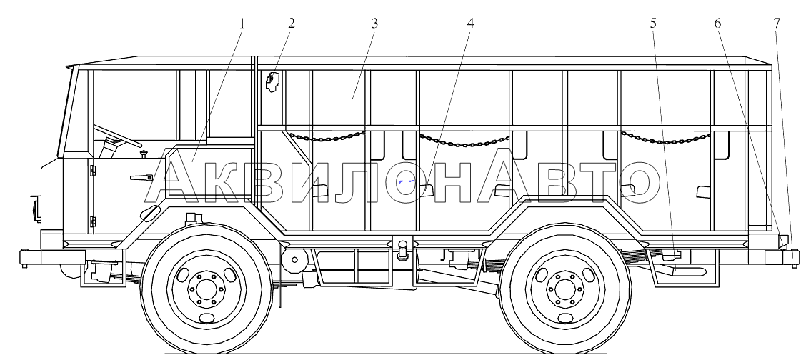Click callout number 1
click(242, 24)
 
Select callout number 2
click(292, 24)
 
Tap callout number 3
click(374, 24)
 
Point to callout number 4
click(469, 24)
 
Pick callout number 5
click(653, 24)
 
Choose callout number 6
click(717, 24)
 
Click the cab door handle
click(141, 178)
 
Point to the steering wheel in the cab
click(117, 136)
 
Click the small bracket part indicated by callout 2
click(272, 81)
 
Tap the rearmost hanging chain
click(666, 138)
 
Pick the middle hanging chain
click(464, 141)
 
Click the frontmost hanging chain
click(327, 136)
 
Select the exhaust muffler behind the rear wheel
click(688, 271)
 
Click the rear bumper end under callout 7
click(780, 257)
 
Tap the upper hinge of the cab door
click(93, 170)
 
